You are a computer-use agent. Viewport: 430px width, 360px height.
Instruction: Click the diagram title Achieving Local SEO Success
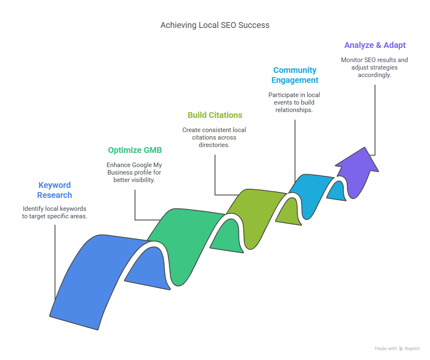coord(215,25)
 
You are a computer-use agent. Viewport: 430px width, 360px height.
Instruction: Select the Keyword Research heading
coord(55,190)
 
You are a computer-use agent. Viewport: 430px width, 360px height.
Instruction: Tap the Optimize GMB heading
coord(135,150)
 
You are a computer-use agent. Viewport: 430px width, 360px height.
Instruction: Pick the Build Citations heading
coord(215,115)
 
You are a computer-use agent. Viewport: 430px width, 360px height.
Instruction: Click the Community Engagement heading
coord(295,75)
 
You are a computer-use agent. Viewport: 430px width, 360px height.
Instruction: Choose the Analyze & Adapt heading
coord(375,45)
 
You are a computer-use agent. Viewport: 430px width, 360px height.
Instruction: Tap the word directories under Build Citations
coord(215,145)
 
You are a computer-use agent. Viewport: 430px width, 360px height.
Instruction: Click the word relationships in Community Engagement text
coord(295,110)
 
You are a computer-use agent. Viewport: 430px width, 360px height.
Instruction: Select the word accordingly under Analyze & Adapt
coord(375,75)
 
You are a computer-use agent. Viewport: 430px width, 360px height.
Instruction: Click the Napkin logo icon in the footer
coord(401,348)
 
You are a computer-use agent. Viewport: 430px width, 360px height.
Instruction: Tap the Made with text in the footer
coord(385,348)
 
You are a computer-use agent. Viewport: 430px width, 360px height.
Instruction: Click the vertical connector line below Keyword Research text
coord(55,258)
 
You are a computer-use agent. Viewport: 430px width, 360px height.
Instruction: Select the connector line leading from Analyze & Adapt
coord(375,121)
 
